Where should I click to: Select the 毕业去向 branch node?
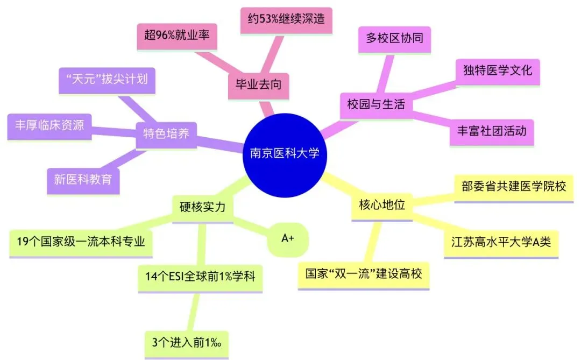pyautogui.click(x=258, y=85)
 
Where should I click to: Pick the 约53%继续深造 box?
pyautogui.click(x=286, y=20)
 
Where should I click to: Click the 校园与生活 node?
pyautogui.click(x=376, y=104)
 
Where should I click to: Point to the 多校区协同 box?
pyautogui.click(x=394, y=39)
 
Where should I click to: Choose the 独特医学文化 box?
pyautogui.click(x=498, y=70)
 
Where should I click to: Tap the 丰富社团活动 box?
pyautogui.click(x=491, y=131)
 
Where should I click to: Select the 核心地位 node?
pyautogui.click(x=381, y=205)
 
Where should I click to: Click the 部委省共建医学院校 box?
pyautogui.click(x=514, y=186)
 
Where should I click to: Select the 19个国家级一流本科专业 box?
pyautogui.click(x=81, y=242)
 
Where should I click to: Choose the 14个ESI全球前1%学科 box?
pyautogui.click(x=200, y=277)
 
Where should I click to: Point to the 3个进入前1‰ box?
pyautogui.click(x=187, y=342)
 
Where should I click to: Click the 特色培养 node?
pyautogui.click(x=166, y=133)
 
